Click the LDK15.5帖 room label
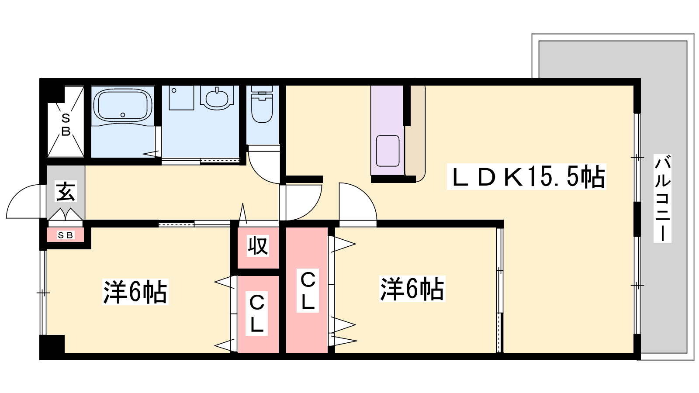pyautogui.click(x=527, y=176)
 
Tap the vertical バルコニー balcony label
pyautogui.click(x=662, y=198)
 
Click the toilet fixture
pyautogui.click(x=262, y=104)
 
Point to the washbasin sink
pyautogui.click(x=217, y=97)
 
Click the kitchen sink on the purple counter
pyautogui.click(x=388, y=151)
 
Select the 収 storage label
pyautogui.click(x=258, y=246)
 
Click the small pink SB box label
pyautogui.click(x=66, y=235)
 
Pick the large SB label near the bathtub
pyautogui.click(x=66, y=125)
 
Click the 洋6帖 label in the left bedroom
pyautogui.click(x=135, y=292)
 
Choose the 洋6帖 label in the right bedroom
pyautogui.click(x=412, y=289)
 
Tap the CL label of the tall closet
pyautogui.click(x=308, y=290)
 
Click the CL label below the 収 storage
pyautogui.click(x=256, y=314)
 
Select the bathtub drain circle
pyautogui.click(x=123, y=115)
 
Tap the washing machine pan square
pyautogui.click(x=181, y=98)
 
